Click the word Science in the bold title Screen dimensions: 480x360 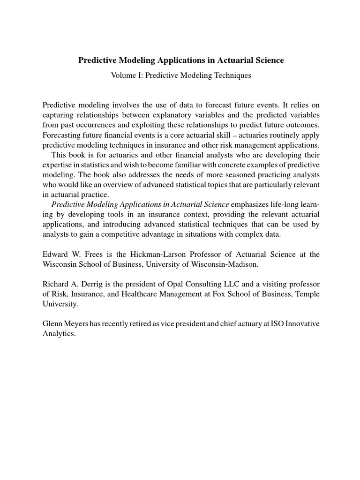coord(267,60)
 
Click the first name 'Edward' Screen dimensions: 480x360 coord(55,254)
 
